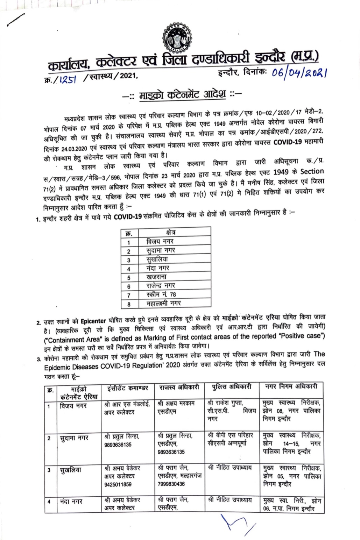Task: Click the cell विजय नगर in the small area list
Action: pos(160,241)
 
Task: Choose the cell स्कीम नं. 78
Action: pos(161,295)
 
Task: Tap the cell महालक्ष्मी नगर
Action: pos(164,304)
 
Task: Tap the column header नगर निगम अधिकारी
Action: pos(291,386)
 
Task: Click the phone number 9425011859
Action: pos(118,484)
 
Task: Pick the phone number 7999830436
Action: pos(171,484)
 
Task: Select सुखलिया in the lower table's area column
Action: pos(71,470)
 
